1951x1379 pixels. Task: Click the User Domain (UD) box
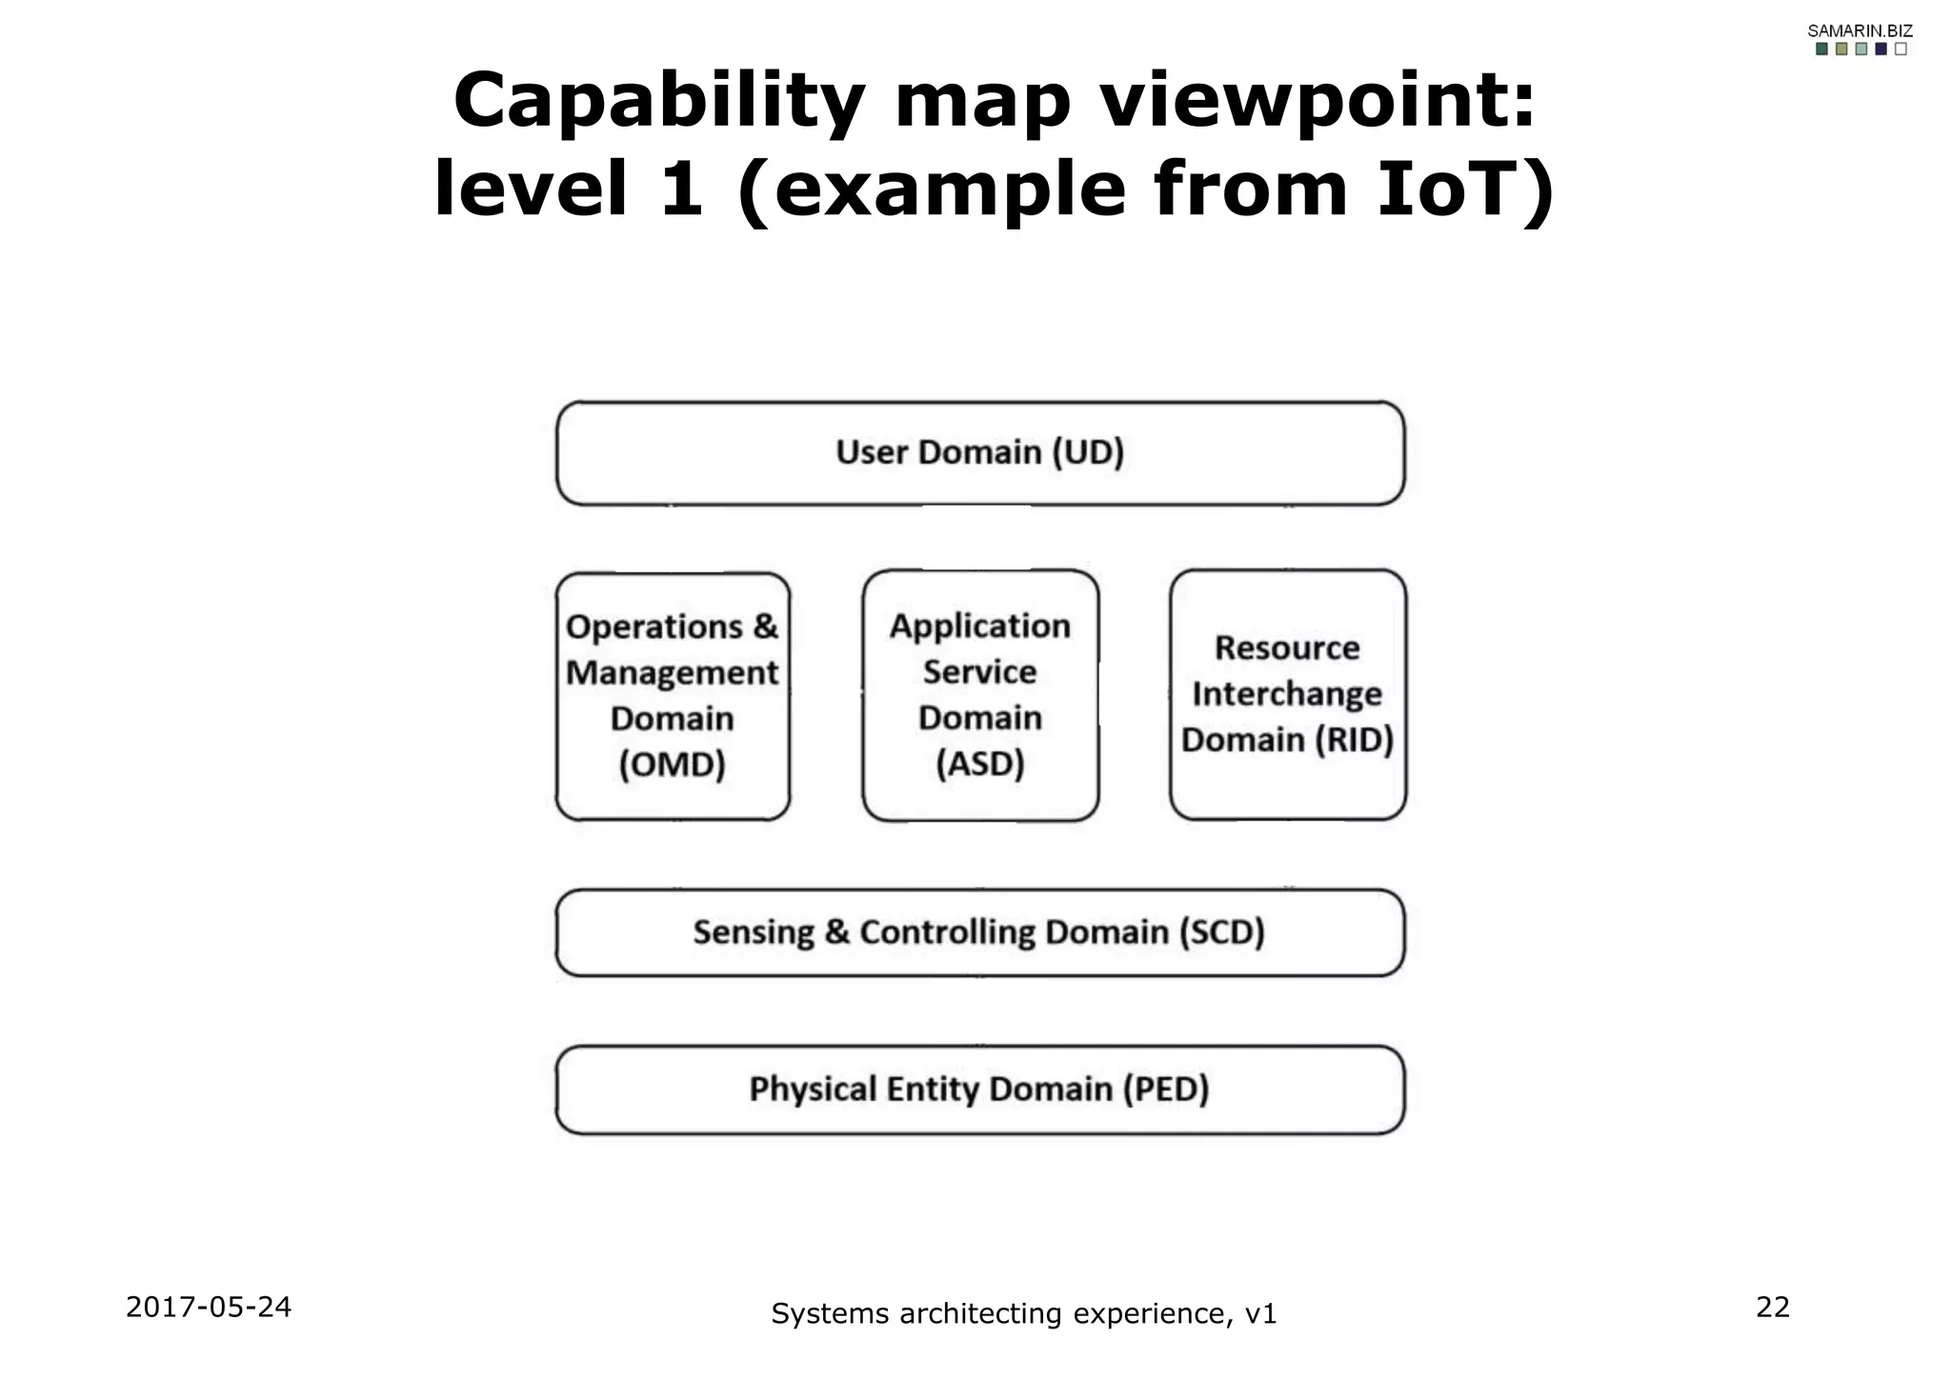[979, 453]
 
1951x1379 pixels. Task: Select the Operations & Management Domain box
[673, 695]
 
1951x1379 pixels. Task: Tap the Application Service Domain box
[979, 695]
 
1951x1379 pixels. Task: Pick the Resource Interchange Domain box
[1287, 694]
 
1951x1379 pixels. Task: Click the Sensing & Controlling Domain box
[979, 932]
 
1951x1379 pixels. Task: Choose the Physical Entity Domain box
[979, 1089]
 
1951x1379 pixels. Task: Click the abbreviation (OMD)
[673, 765]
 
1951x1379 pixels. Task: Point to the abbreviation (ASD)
[979, 764]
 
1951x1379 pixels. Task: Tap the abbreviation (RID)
[1354, 740]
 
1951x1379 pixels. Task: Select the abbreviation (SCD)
[1221, 932]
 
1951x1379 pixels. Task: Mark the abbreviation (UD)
[1088, 452]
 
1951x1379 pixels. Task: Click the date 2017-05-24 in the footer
[209, 1307]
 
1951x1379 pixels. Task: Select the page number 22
[1773, 1307]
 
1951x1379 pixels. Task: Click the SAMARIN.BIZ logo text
[1860, 30]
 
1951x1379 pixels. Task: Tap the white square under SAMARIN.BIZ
[1901, 50]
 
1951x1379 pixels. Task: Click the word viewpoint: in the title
[1318, 103]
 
